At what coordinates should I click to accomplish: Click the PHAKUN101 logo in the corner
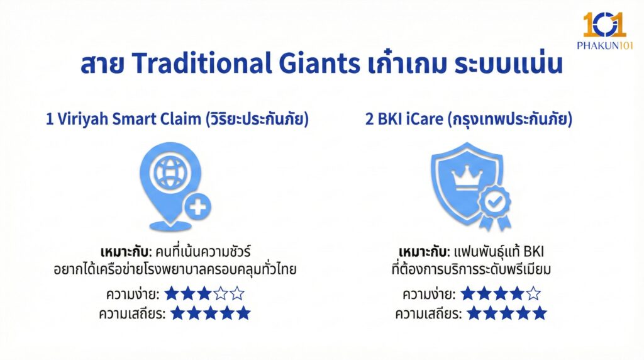(604, 31)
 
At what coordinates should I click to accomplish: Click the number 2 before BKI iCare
(369, 120)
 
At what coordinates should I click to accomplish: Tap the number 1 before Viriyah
(50, 120)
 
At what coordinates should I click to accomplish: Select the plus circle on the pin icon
(197, 207)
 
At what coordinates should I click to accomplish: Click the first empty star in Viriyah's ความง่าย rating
(221, 293)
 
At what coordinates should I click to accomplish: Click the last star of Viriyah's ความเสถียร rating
(243, 313)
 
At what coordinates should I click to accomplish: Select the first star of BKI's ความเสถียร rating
(474, 313)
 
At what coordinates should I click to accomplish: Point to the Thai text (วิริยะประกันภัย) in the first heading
(257, 120)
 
